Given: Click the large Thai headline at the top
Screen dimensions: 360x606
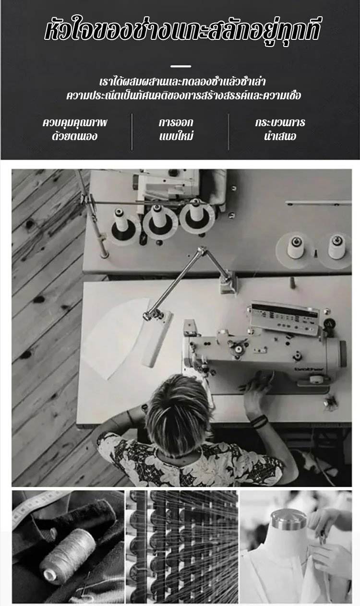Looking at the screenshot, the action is [182, 32].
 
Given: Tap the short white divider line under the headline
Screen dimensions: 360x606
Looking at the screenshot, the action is [181, 66].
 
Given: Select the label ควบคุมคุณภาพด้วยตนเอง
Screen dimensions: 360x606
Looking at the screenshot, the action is [75, 130].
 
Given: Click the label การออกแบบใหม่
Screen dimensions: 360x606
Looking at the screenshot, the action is [176, 130].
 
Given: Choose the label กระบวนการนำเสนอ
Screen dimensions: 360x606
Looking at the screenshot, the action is [280, 130].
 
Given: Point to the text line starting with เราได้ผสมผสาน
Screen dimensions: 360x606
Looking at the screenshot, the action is [182, 82].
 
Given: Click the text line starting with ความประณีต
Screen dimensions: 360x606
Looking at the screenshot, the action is [184, 95].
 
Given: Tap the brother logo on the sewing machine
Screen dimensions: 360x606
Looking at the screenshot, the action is [313, 369].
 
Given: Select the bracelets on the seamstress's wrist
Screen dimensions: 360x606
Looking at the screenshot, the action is [259, 422].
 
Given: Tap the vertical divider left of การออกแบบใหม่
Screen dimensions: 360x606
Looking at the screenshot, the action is [132, 131].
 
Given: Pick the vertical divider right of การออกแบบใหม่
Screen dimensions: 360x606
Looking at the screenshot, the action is [228, 131].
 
